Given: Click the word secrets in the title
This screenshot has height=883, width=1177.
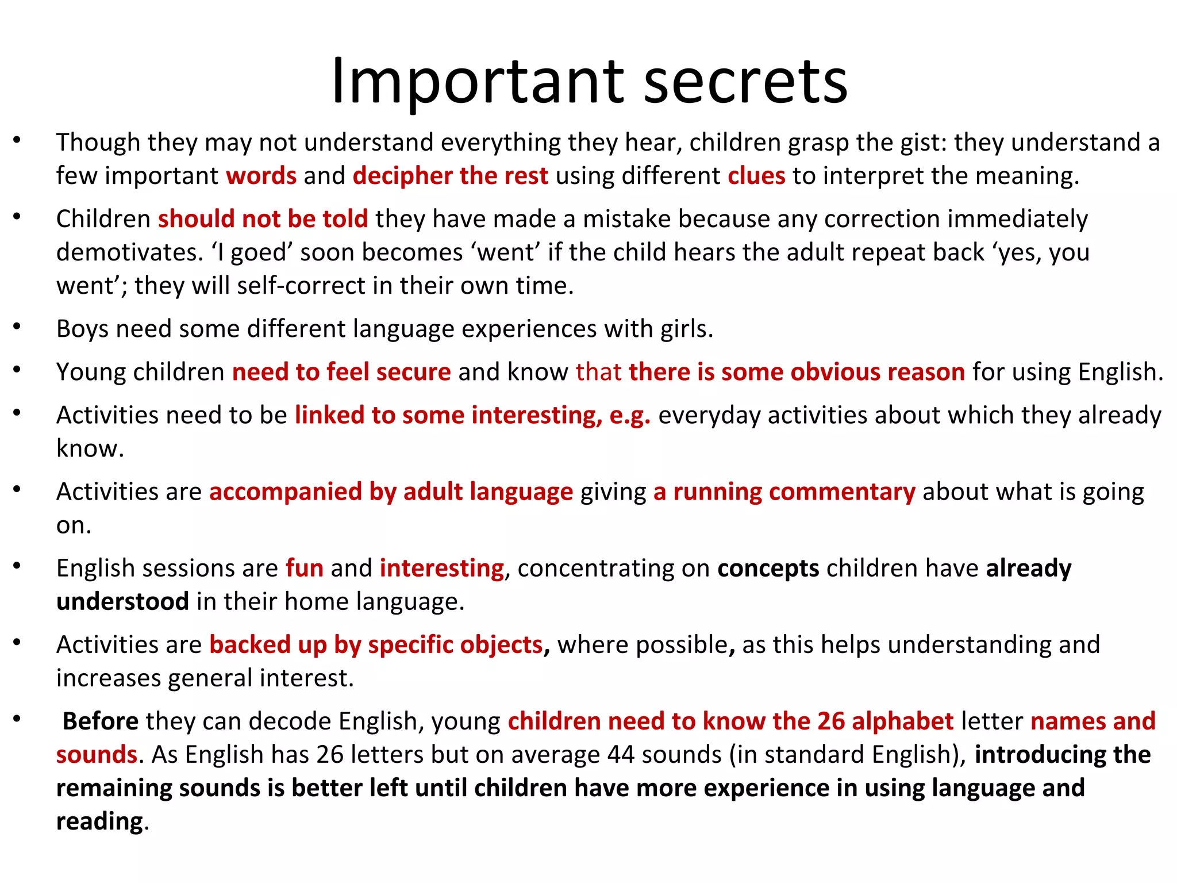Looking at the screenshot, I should (745, 82).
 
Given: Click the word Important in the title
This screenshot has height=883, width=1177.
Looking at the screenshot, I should (478, 82).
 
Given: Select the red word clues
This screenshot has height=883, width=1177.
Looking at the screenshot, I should (756, 176).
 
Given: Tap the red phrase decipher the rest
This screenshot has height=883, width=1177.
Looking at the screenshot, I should (451, 176).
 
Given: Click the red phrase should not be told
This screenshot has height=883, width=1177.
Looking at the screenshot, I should (263, 219).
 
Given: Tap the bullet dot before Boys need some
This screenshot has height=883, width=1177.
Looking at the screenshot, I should (17, 327).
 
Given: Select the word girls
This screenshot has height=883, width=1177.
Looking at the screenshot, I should (686, 329).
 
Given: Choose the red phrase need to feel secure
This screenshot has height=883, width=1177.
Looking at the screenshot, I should (341, 372).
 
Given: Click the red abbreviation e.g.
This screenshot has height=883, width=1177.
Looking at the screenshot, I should (630, 416).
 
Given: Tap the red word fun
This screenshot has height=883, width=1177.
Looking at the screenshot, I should (305, 569).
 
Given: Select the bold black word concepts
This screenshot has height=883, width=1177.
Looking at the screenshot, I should (768, 569).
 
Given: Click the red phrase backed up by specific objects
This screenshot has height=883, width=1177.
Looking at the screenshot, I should (376, 645).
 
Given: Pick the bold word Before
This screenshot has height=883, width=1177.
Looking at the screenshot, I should (101, 721).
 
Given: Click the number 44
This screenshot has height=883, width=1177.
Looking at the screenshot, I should (621, 755).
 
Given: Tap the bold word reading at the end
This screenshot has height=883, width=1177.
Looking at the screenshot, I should (99, 822).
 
